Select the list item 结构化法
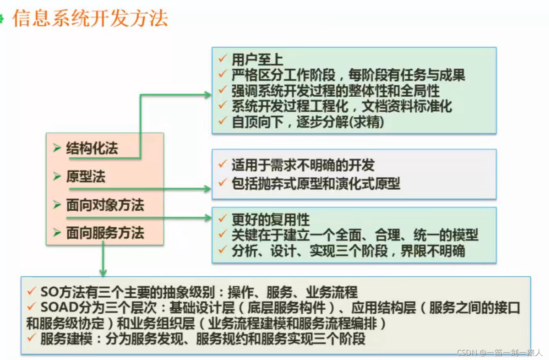click(x=92, y=149)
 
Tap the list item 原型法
click(x=85, y=177)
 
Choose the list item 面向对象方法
click(x=105, y=205)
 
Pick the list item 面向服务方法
click(x=105, y=233)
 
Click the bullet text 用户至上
click(x=257, y=59)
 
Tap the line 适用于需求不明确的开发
click(x=303, y=165)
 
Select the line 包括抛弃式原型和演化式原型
click(x=316, y=184)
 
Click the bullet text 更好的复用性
click(x=270, y=220)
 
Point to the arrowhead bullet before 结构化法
click(x=57, y=148)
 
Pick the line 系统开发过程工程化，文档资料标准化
click(x=341, y=107)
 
